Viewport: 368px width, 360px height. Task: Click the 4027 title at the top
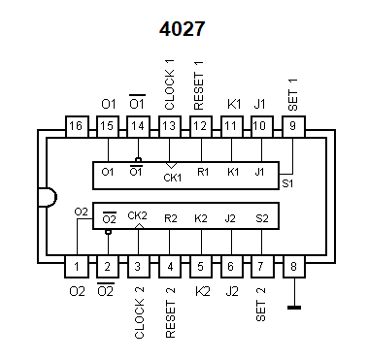[182, 29]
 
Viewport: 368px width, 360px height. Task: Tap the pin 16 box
[77, 126]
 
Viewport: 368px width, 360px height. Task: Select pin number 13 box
[170, 126]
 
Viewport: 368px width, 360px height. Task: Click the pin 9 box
[293, 126]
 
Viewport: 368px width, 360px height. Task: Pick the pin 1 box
[77, 267]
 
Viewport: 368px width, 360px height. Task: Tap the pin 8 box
[293, 267]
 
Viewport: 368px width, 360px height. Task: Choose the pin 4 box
[170, 267]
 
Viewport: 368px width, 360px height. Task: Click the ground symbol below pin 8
[294, 308]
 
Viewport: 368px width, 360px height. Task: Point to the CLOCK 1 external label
[169, 84]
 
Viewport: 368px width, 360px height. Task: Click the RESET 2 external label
[170, 312]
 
